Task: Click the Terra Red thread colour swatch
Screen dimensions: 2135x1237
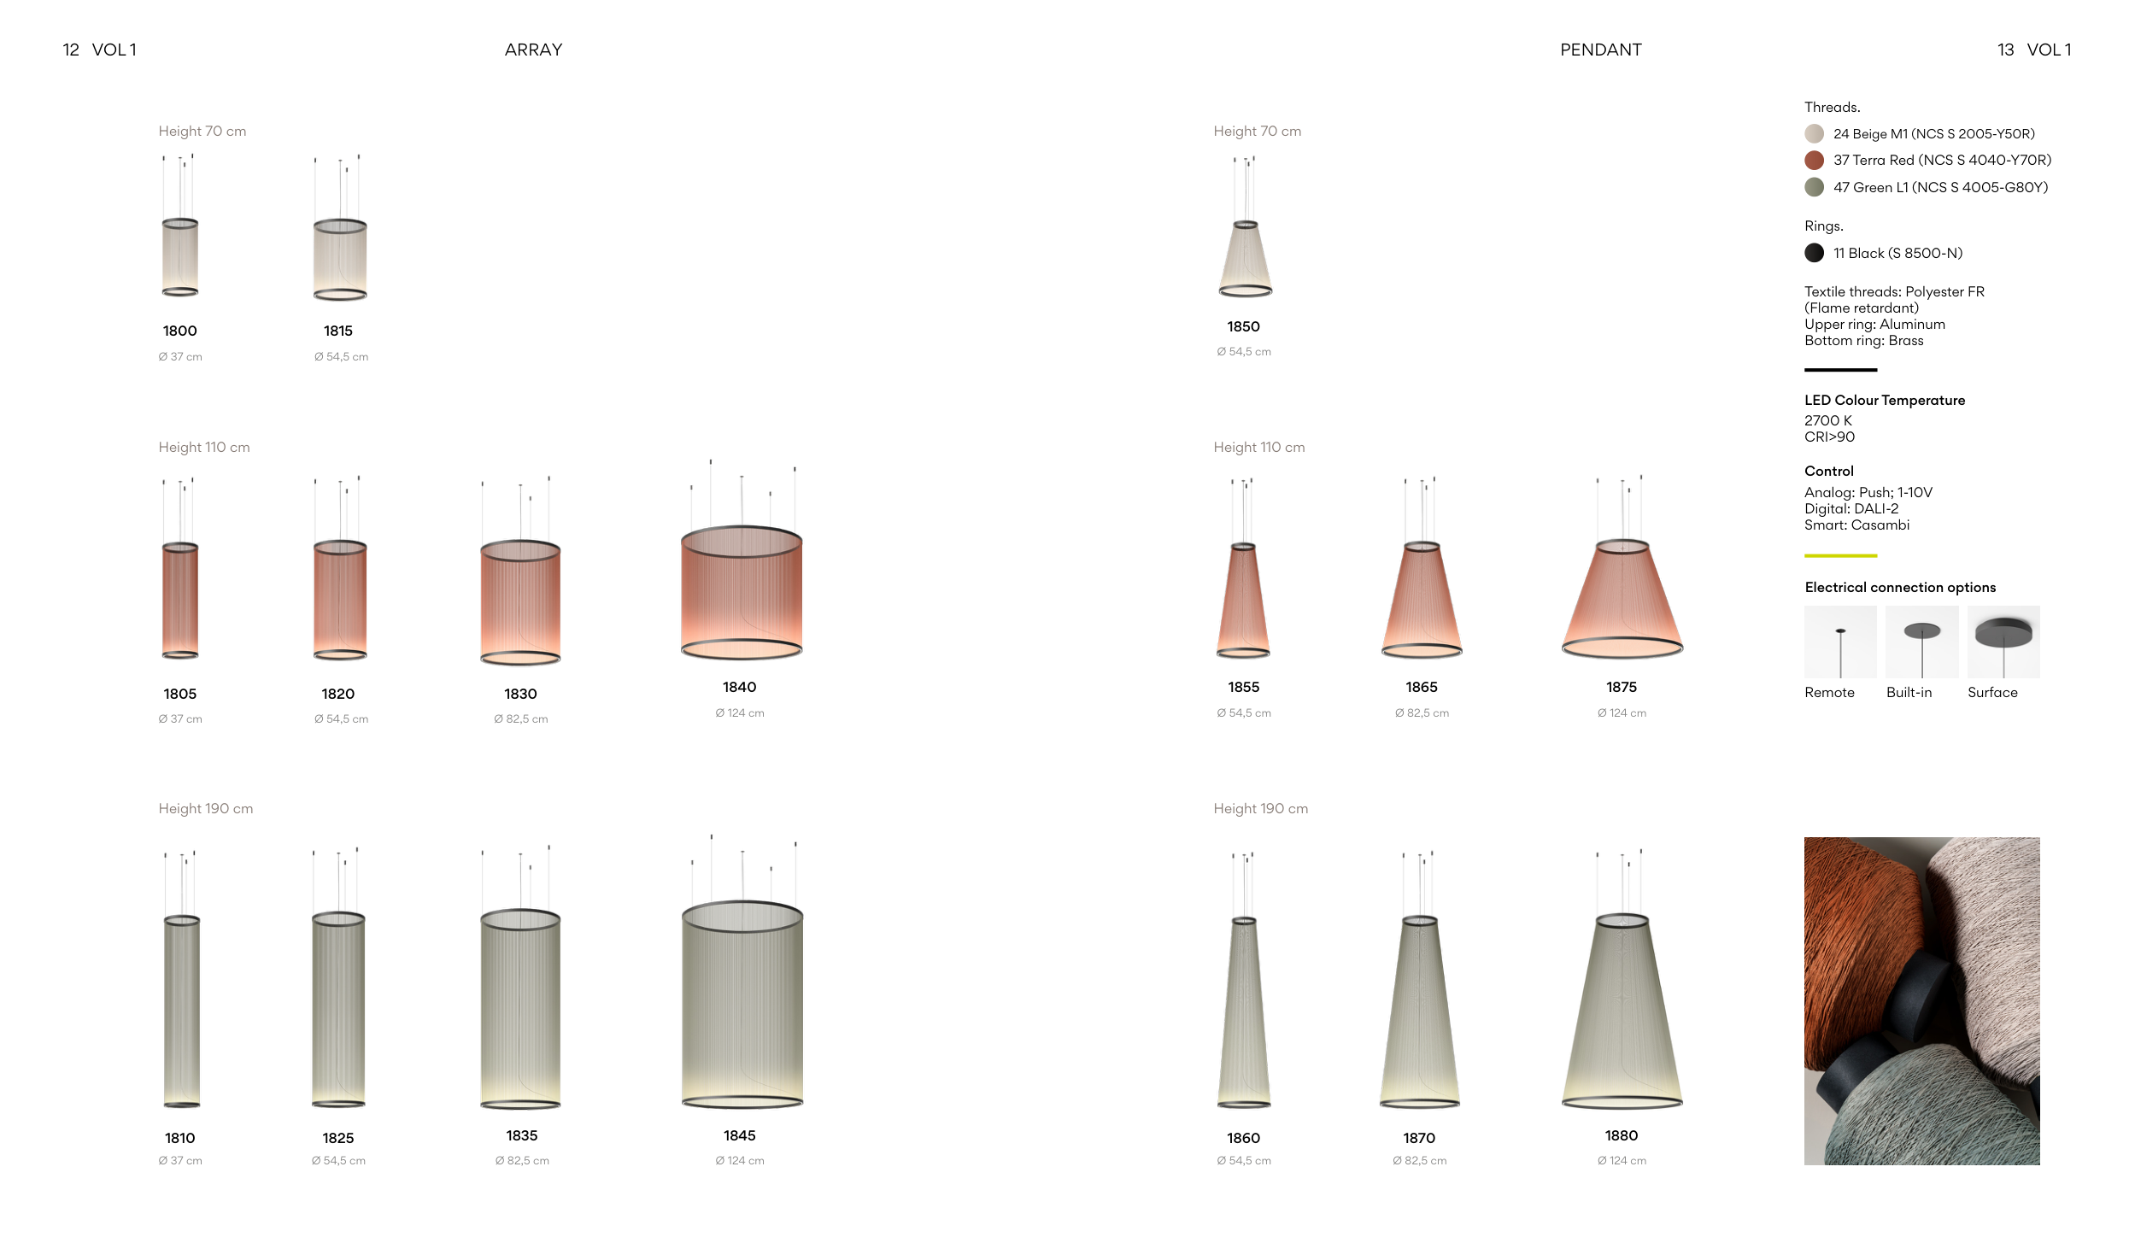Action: click(1814, 161)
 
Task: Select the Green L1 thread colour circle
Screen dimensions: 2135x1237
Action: click(1814, 187)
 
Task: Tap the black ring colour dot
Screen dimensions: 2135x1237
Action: click(1814, 253)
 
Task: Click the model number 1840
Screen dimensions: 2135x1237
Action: click(740, 688)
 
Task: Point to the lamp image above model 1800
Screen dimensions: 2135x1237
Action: click(180, 226)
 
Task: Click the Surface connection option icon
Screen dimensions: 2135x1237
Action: click(2003, 642)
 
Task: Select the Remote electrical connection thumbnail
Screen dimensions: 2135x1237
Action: click(1840, 642)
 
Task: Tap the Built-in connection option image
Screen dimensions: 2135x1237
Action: click(1922, 642)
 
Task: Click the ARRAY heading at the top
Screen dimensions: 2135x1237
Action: click(533, 50)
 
